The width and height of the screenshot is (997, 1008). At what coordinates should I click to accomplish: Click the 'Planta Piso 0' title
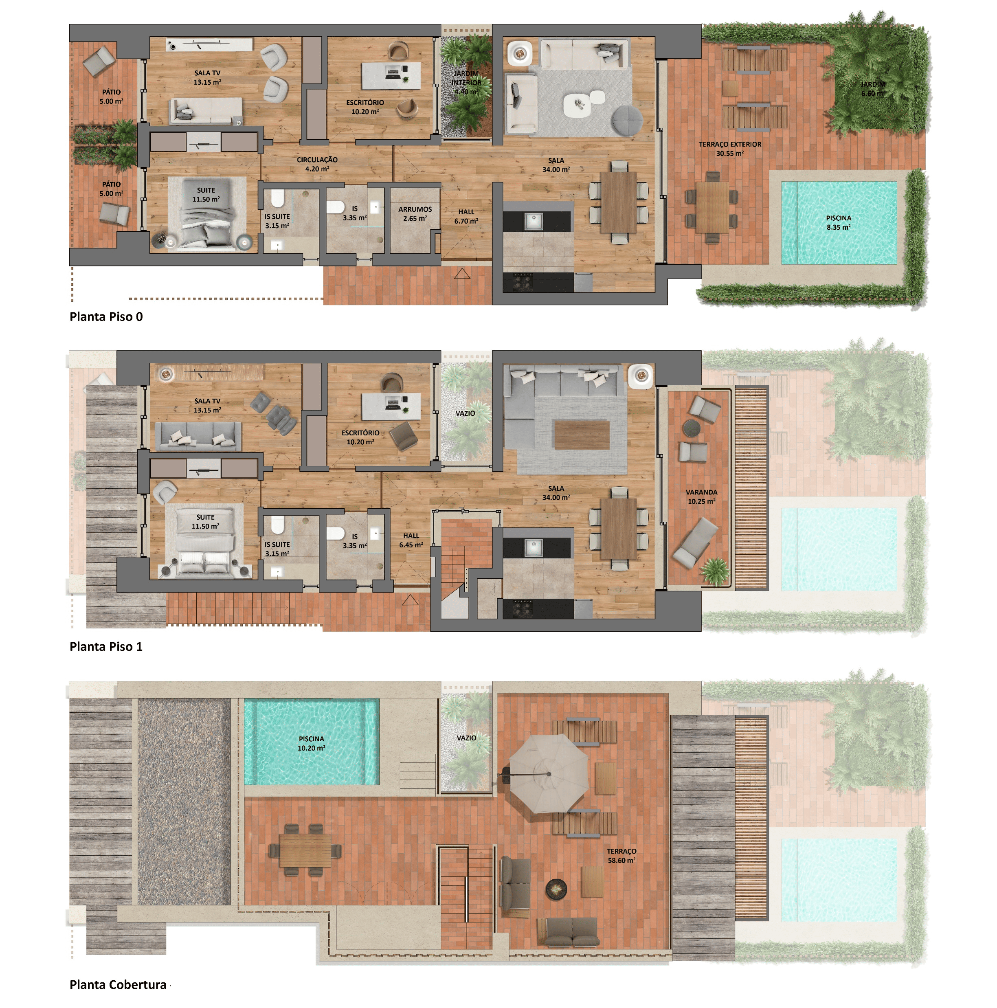(106, 317)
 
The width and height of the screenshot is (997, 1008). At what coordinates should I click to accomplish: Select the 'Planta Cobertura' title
(118, 984)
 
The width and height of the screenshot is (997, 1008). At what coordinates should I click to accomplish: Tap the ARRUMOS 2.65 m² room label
(415, 214)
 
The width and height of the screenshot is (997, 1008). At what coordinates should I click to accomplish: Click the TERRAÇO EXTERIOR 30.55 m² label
(730, 149)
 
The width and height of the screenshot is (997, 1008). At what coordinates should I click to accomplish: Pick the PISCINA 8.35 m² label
(839, 223)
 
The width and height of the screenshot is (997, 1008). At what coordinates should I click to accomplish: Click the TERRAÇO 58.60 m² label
(621, 856)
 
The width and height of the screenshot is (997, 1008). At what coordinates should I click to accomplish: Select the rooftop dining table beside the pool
(305, 850)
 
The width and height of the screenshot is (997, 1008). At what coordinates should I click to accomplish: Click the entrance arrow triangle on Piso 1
(410, 600)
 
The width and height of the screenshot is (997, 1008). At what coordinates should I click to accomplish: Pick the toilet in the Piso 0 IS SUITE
(277, 199)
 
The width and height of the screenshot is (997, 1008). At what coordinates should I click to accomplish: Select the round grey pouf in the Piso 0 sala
(627, 121)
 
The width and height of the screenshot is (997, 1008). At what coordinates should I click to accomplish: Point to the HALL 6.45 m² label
(411, 540)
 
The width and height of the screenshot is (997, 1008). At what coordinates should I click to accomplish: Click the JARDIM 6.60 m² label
(873, 89)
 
